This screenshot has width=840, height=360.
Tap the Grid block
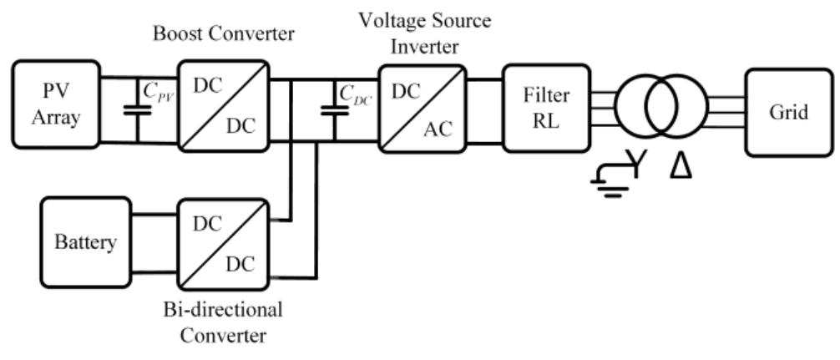(x=788, y=111)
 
